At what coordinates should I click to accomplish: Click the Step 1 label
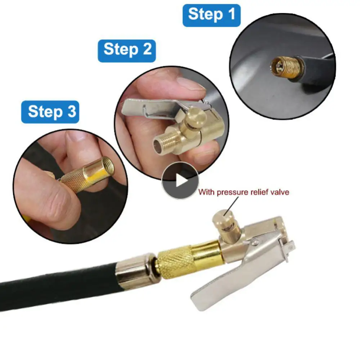(x=211, y=15)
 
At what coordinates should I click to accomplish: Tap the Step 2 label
(x=127, y=50)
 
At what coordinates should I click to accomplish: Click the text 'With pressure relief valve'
(x=243, y=192)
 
